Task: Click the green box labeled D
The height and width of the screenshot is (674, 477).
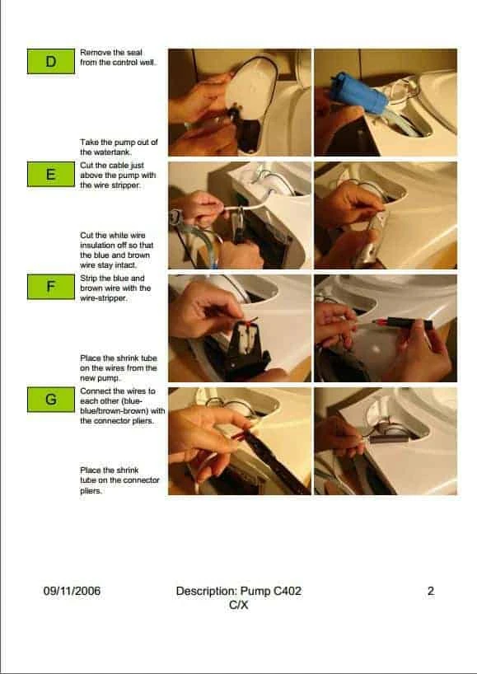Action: pyautogui.click(x=51, y=62)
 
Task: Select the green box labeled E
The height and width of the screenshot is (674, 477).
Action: pyautogui.click(x=51, y=174)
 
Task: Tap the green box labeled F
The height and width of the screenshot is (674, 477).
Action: pyautogui.click(x=51, y=287)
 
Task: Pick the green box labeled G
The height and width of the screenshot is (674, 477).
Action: pyautogui.click(x=51, y=400)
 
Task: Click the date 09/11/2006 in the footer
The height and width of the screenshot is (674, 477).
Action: pyautogui.click(x=72, y=591)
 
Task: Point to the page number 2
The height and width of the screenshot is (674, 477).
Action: pyautogui.click(x=431, y=591)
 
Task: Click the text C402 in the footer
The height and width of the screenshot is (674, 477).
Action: pyautogui.click(x=287, y=591)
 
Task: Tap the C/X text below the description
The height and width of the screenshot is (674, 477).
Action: pyautogui.click(x=239, y=606)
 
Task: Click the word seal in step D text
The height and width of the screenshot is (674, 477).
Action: pyautogui.click(x=134, y=53)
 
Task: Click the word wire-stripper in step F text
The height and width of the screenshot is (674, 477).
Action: pyautogui.click(x=104, y=298)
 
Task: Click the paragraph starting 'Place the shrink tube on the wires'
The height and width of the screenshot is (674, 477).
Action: pyautogui.click(x=119, y=368)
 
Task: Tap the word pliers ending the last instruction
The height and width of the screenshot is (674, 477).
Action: pyautogui.click(x=91, y=491)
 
